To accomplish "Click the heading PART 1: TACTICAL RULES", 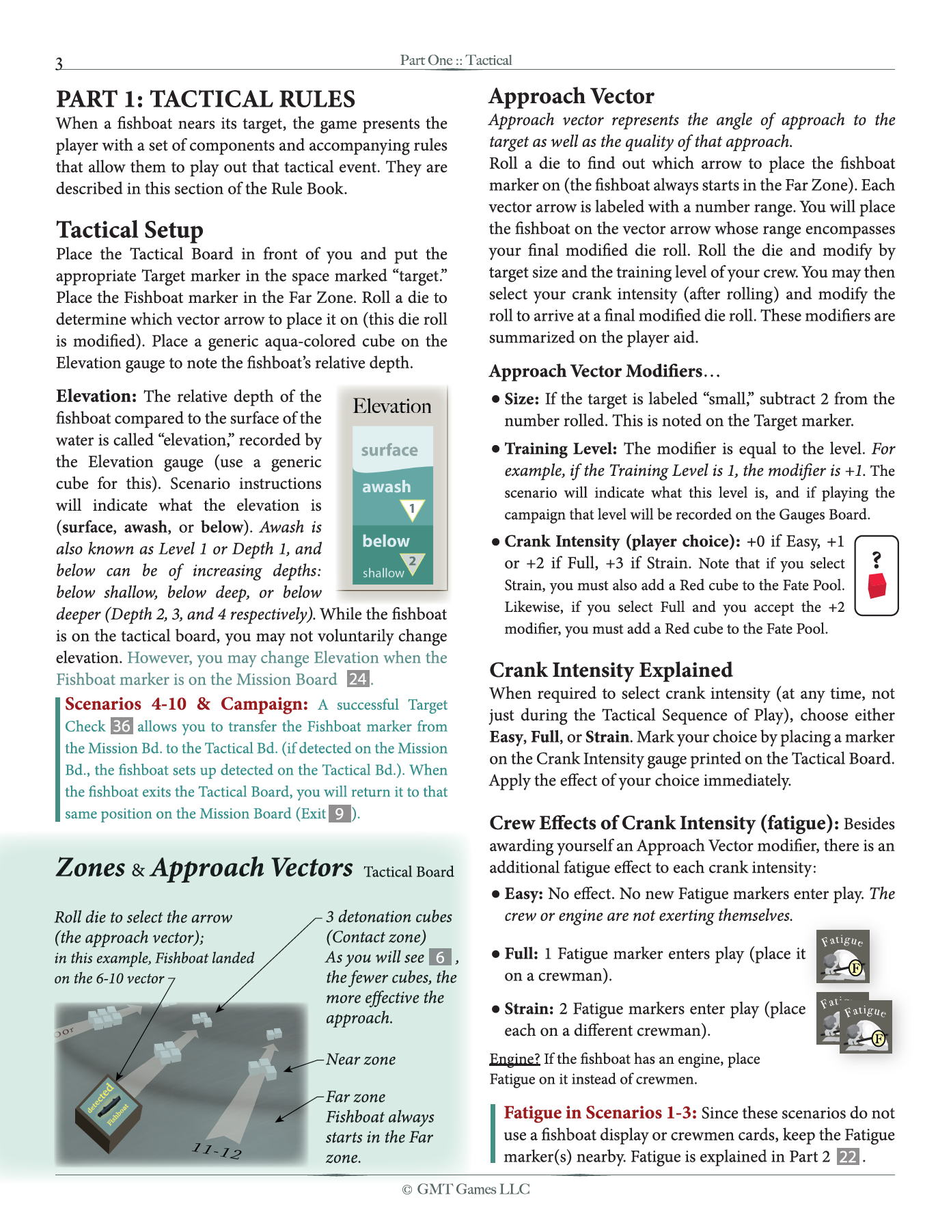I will pos(206,99).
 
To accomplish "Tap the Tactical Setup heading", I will pos(130,230).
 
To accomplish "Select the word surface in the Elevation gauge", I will pos(389,450).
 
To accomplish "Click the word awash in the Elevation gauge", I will pos(386,487).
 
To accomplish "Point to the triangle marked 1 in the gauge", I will pos(412,509).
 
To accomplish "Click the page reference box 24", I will pos(358,679).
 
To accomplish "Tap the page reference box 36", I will pos(121,726).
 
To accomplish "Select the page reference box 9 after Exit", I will pos(340,814).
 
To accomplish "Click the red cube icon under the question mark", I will pos(877,586).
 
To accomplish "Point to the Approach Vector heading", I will pos(571,96).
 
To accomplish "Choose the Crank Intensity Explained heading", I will pos(611,669).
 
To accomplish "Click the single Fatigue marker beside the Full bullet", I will pos(842,956).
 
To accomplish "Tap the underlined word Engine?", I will pos(514,1058).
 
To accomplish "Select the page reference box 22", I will pos(848,1156).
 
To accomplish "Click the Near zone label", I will pos(361,1059).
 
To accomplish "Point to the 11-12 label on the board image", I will pos(217,1151).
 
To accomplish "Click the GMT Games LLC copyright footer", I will pos(466,1189).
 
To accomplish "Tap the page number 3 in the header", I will pos(59,64).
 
